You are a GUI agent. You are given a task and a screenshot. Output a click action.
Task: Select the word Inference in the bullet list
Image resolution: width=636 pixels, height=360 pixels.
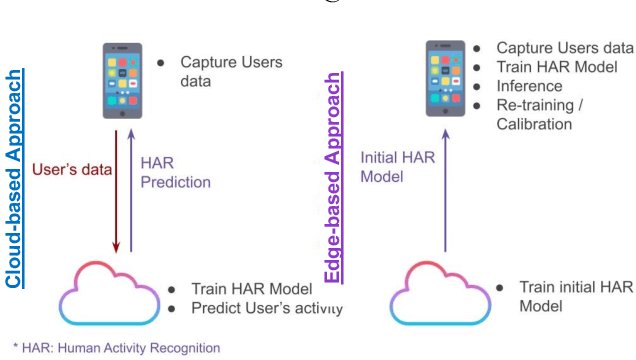tap(531, 86)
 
